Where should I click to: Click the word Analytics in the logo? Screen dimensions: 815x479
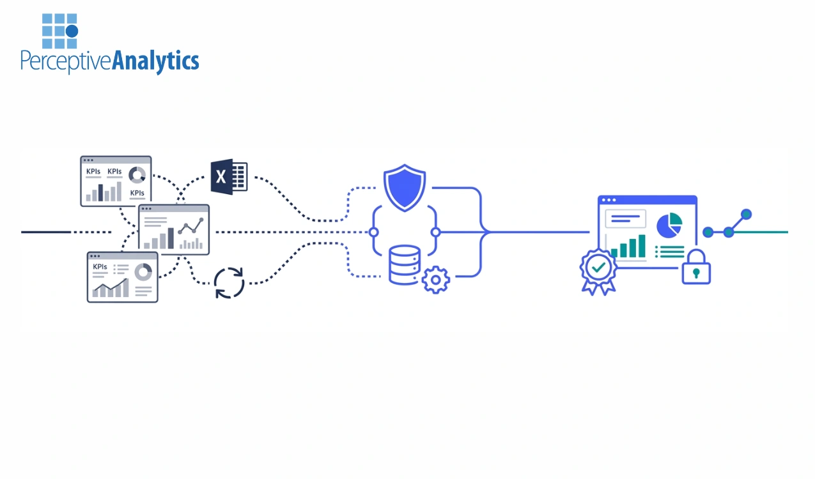(155, 61)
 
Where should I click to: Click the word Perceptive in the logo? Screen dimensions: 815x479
(66, 62)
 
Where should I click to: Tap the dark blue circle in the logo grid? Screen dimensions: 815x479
(72, 31)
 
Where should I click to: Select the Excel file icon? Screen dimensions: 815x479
(229, 177)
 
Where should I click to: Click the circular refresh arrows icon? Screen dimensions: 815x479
(229, 283)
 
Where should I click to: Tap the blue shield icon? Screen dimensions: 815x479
(405, 188)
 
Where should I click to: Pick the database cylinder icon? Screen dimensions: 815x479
(405, 264)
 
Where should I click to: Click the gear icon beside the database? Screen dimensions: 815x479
(436, 280)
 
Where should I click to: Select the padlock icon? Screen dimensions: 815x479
(696, 267)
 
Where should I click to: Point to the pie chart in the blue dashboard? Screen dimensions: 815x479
(669, 225)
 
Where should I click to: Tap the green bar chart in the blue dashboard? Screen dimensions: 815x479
(628, 247)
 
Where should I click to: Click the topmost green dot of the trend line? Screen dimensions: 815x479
(746, 214)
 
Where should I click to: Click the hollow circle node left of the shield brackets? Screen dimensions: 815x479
(374, 232)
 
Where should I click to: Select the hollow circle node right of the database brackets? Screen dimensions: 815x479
(435, 232)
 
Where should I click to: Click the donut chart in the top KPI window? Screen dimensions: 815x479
(137, 175)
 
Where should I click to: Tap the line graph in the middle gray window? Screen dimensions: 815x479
(190, 227)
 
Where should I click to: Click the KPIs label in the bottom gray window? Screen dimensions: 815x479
(100, 266)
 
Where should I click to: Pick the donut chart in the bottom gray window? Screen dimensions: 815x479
(143, 272)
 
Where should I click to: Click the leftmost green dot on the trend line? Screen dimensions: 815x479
(708, 232)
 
